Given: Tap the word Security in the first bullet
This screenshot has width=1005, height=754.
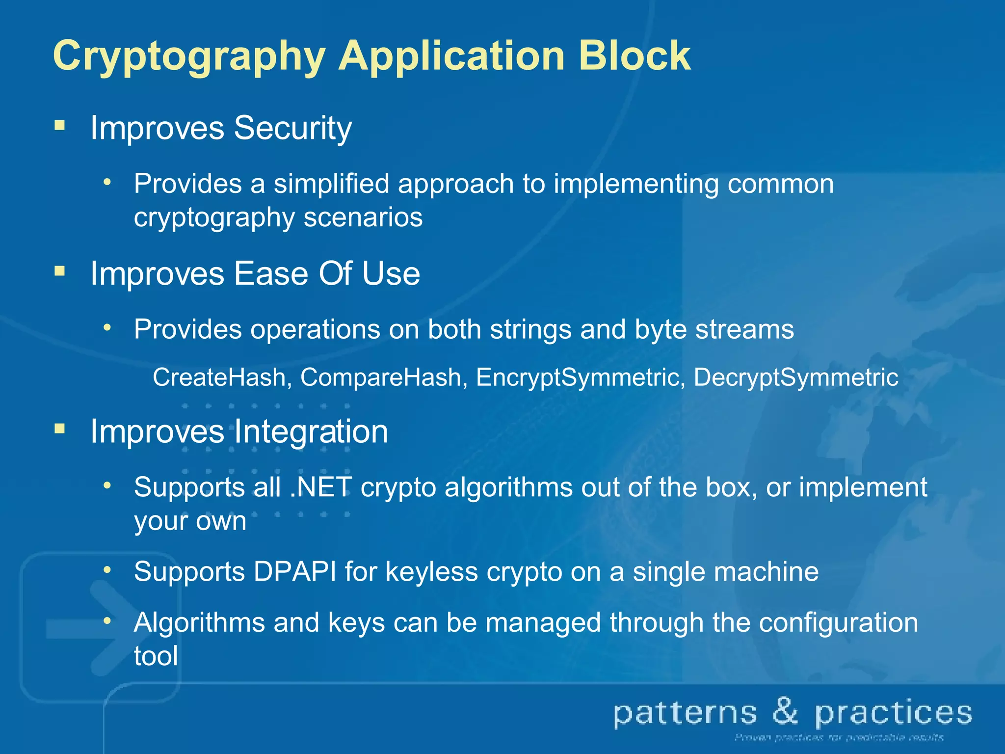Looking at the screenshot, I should [x=292, y=129].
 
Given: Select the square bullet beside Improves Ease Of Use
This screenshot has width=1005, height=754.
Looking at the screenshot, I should [x=60, y=271].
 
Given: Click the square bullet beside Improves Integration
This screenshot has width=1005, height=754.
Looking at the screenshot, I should [x=60, y=429].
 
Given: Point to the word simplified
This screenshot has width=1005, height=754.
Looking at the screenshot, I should [x=331, y=184].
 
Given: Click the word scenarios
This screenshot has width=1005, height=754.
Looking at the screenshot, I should [x=363, y=217].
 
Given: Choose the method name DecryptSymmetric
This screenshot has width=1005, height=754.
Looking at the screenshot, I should [x=796, y=377].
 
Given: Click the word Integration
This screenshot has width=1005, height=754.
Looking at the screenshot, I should [x=311, y=431].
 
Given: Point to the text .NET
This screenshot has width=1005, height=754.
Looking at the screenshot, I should [x=321, y=487].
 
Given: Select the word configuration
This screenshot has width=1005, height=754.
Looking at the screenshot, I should [x=838, y=622].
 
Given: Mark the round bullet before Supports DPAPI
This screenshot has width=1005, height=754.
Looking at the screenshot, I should [x=107, y=570].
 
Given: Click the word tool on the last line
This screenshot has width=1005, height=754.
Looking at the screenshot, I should [x=156, y=656].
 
